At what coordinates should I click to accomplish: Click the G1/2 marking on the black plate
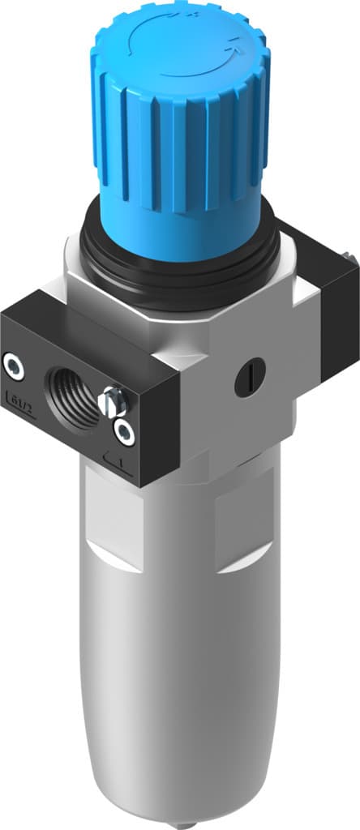(x=19, y=397)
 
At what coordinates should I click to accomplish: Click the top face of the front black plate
(x=81, y=312)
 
